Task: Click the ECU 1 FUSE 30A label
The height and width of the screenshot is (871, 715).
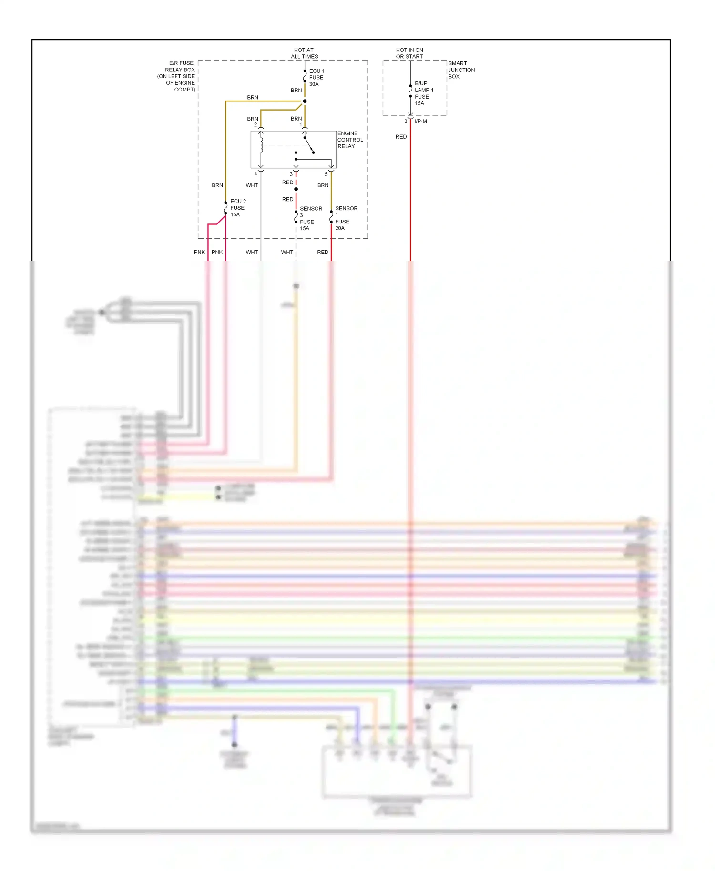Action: coord(316,77)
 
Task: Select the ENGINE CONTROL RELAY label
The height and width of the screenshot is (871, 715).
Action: coord(350,140)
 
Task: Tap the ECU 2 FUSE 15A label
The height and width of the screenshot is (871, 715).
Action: coord(237,208)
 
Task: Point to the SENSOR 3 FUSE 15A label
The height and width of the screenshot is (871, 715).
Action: coord(310,218)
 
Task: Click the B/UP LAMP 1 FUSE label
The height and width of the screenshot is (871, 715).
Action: coord(423,93)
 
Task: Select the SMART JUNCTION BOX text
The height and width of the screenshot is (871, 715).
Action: coord(460,70)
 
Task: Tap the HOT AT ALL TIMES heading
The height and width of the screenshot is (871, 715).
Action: coord(304,53)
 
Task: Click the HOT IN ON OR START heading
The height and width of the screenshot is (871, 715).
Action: coord(409,53)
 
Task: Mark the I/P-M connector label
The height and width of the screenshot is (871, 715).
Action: coord(420,122)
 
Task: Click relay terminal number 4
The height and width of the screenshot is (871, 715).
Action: coord(255,174)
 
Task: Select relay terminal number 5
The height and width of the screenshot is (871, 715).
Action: coord(326,174)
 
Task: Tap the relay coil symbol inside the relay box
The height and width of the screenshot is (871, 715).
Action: coord(261,143)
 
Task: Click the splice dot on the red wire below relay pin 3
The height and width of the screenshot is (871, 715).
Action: coord(296,189)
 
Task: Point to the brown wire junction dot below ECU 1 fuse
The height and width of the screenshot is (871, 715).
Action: coord(305,101)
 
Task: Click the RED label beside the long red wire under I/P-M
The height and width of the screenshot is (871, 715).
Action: coord(401,137)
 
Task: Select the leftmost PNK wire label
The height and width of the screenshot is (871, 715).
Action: coord(199,252)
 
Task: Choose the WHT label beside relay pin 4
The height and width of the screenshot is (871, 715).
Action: coord(252,185)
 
